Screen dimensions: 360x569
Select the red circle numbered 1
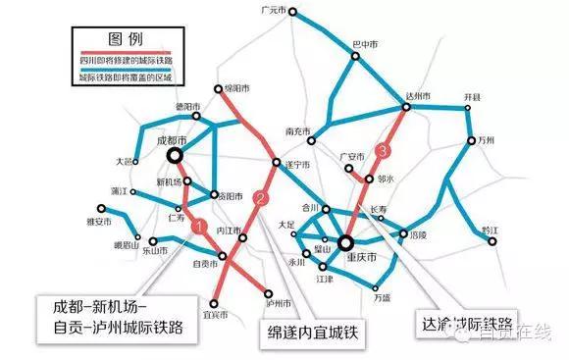tap(199, 227)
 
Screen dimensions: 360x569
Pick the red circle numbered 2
tap(260, 197)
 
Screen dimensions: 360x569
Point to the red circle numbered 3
tap(384, 150)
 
